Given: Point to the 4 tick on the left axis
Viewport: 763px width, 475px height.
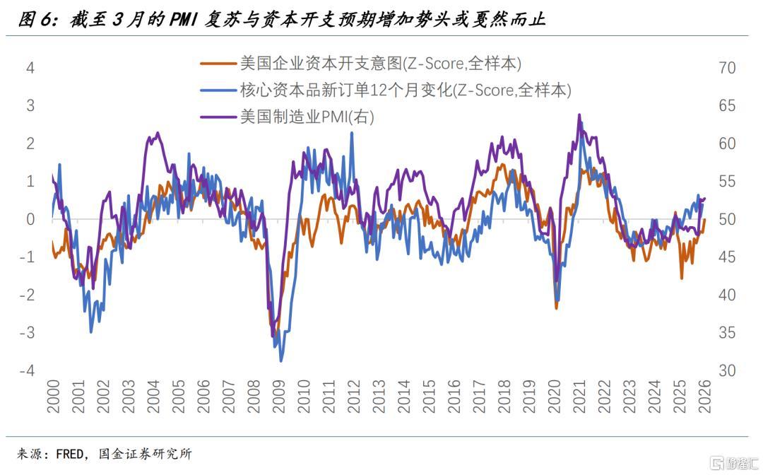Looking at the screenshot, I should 30,69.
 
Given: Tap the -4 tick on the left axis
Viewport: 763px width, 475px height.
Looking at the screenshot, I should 28,371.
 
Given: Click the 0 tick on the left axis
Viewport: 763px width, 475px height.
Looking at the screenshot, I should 30,220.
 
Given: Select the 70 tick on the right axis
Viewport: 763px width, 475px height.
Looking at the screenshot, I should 726,69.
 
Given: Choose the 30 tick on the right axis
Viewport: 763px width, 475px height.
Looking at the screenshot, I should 726,371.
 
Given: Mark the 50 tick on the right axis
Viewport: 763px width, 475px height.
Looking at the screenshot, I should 726,220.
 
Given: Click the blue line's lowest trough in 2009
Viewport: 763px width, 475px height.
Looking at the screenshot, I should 280,361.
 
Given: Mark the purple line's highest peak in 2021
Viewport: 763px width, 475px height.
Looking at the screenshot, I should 579,115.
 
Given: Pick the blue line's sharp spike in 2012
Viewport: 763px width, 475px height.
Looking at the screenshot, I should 352,133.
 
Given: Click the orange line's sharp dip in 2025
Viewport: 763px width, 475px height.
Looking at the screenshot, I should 682,278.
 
